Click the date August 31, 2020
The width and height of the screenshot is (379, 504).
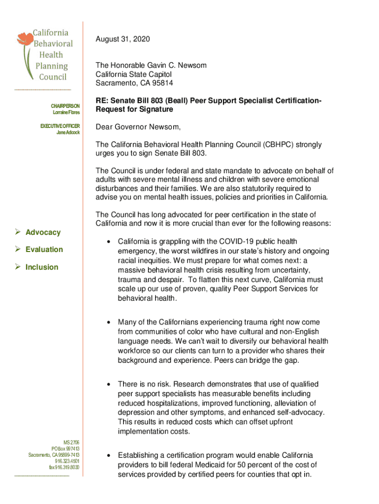(123, 39)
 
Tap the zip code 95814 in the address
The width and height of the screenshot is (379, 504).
(162, 83)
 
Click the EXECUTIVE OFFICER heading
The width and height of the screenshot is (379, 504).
(60, 126)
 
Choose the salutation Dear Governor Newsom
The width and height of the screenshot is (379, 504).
(138, 127)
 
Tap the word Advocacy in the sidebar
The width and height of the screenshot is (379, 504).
(43, 232)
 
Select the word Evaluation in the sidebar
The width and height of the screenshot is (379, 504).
(44, 250)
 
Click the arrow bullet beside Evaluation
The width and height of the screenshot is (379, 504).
(18, 250)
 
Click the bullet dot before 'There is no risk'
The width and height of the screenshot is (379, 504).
(108, 384)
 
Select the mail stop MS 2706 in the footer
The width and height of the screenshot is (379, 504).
(71, 442)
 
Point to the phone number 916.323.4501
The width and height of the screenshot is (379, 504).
(67, 461)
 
